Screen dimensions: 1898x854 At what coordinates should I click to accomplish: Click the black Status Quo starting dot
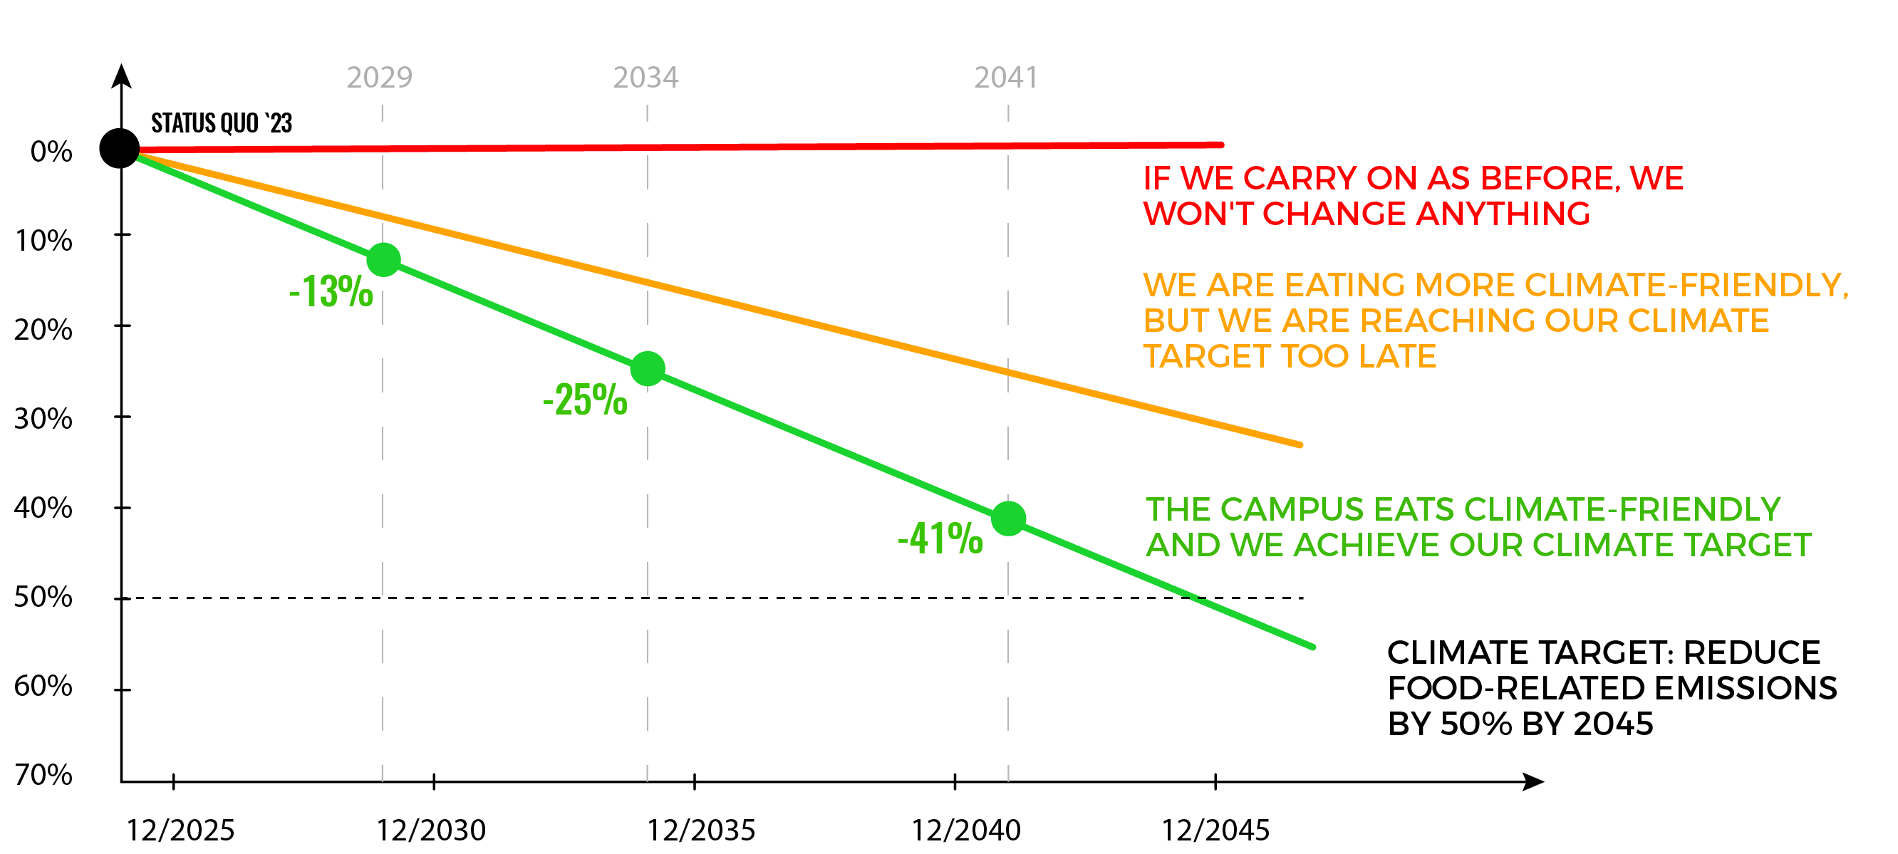pyautogui.click(x=120, y=149)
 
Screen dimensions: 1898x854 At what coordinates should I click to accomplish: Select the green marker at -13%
pyautogui.click(x=384, y=260)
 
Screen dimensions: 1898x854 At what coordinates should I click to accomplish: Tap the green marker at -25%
pyautogui.click(x=648, y=368)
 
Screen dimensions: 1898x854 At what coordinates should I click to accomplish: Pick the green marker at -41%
pyautogui.click(x=1009, y=519)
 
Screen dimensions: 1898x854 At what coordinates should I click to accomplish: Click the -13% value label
pyautogui.click(x=331, y=291)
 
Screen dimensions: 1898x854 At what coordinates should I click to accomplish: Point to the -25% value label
pyautogui.click(x=585, y=400)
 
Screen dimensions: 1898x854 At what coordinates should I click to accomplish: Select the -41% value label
pyautogui.click(x=940, y=538)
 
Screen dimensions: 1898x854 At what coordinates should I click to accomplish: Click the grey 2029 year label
pyautogui.click(x=380, y=78)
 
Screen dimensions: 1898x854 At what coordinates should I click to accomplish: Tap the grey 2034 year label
pyautogui.click(x=645, y=78)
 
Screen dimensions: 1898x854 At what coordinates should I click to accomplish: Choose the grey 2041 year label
pyautogui.click(x=1006, y=78)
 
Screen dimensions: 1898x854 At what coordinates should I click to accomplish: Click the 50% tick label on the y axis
pyautogui.click(x=43, y=597)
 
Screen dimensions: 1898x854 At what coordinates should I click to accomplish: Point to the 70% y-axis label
pyautogui.click(x=43, y=774)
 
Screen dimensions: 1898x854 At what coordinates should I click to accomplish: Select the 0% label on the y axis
pyautogui.click(x=51, y=152)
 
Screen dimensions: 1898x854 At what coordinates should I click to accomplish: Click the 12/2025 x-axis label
pyautogui.click(x=180, y=830)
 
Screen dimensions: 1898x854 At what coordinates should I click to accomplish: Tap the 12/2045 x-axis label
pyautogui.click(x=1215, y=830)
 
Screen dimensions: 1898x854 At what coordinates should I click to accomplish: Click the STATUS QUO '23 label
pyautogui.click(x=222, y=123)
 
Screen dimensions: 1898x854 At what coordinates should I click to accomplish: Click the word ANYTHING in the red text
pyautogui.click(x=1503, y=214)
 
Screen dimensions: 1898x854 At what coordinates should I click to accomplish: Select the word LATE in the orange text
pyautogui.click(x=1397, y=357)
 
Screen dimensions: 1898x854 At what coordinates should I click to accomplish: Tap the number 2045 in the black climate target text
pyautogui.click(x=1614, y=724)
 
